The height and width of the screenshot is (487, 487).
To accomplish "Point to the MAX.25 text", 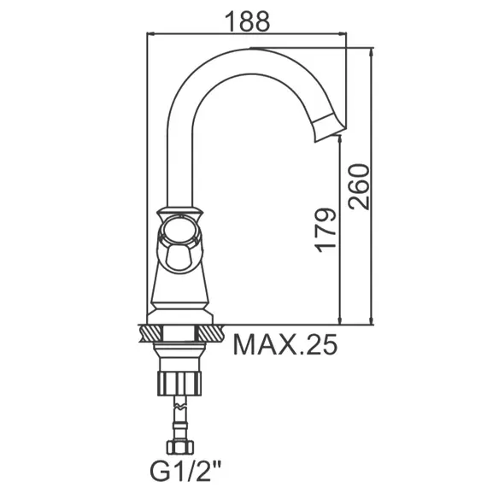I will click(x=285, y=344).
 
